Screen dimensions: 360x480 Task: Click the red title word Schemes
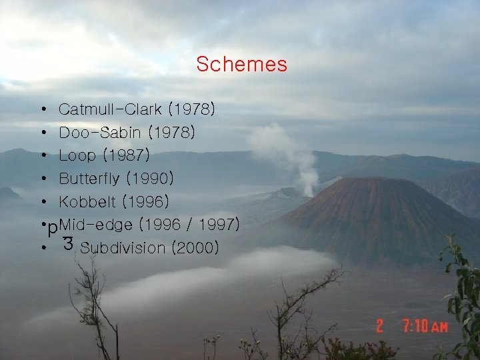[x=241, y=65]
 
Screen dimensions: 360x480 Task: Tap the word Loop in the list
[x=77, y=156]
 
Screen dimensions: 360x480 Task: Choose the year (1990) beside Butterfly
[x=151, y=179]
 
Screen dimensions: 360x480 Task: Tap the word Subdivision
[x=122, y=248]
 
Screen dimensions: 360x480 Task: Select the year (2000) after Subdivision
[x=195, y=248]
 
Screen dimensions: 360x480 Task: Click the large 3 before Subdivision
[x=67, y=243]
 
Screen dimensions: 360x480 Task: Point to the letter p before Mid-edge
[x=52, y=228]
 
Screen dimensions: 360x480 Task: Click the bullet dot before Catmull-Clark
[x=43, y=109]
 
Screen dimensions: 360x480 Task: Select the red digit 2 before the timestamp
[x=379, y=326]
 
